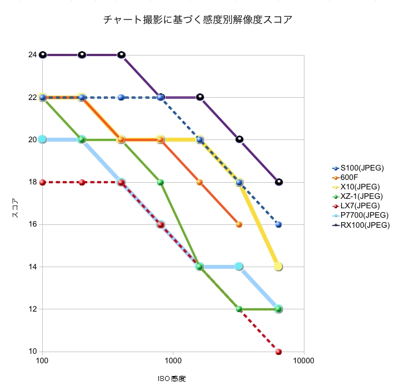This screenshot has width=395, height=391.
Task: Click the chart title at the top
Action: (x=198, y=20)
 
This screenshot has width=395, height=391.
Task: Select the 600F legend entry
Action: (x=353, y=177)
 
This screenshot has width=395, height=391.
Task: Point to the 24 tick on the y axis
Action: (x=33, y=55)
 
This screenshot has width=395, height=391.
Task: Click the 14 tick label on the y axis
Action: (x=33, y=267)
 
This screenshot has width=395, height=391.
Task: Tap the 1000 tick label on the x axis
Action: (x=173, y=360)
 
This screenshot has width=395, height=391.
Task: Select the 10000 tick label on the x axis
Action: (x=303, y=360)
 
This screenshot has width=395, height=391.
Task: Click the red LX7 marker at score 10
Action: (x=278, y=352)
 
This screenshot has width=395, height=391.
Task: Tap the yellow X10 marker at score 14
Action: (x=278, y=267)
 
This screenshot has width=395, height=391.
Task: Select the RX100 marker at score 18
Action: (x=278, y=182)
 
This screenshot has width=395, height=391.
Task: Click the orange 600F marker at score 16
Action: (x=239, y=224)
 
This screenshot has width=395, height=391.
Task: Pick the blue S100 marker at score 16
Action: (x=278, y=224)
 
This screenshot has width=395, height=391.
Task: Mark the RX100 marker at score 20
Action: (x=239, y=139)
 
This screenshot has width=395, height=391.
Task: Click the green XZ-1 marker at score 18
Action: (x=161, y=182)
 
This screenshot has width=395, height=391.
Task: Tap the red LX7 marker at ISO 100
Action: (x=43, y=182)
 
